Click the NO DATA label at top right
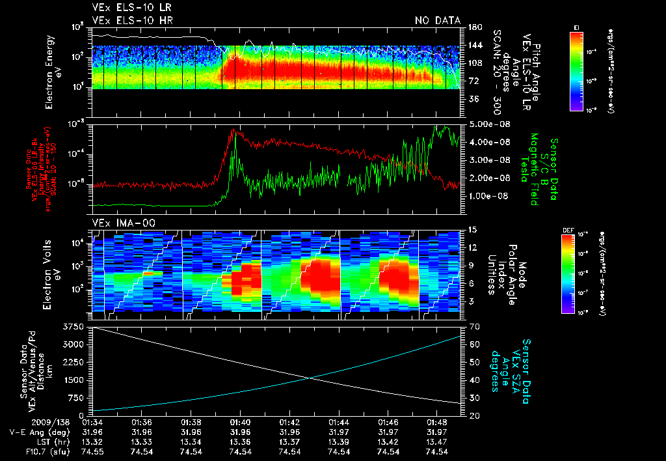[438, 21]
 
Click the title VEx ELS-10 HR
[127, 21]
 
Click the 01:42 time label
[290, 422]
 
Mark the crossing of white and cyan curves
[308, 377]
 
